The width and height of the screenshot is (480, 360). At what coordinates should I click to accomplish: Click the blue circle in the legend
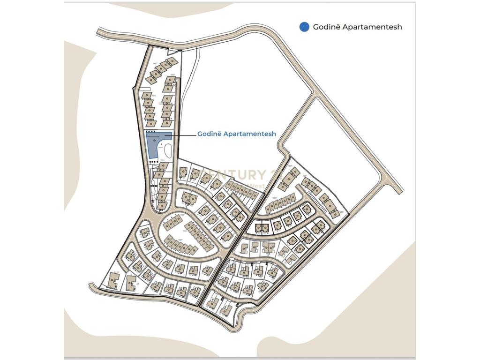tap(304, 27)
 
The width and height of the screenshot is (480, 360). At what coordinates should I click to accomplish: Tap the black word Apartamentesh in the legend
tap(373, 27)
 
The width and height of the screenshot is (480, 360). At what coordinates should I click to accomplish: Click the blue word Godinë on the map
tap(209, 134)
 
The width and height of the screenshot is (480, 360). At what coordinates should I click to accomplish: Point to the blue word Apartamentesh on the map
tap(249, 134)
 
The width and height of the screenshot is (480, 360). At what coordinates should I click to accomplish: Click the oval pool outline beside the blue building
tap(168, 151)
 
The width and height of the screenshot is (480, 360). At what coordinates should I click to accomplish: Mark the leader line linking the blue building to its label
tap(183, 135)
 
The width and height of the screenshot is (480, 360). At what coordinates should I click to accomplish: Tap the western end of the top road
tap(99, 32)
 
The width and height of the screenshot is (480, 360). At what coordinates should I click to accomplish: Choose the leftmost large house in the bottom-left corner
tap(112, 280)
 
